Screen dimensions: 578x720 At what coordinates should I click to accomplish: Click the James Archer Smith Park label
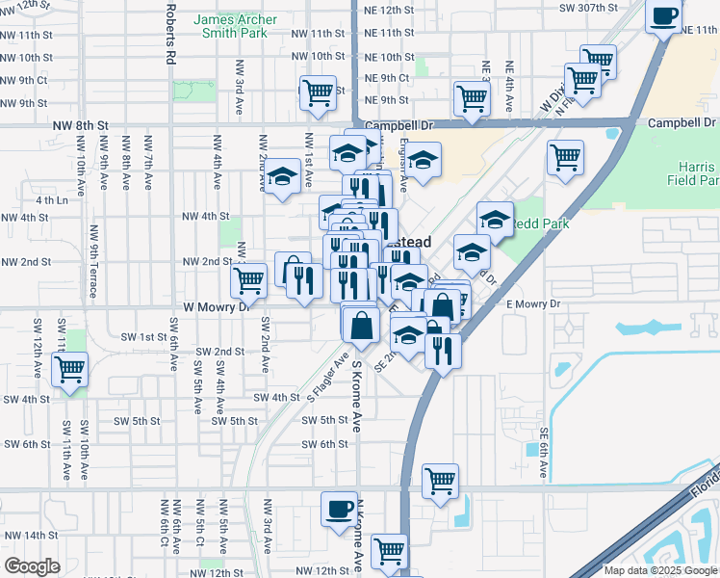(x=236, y=26)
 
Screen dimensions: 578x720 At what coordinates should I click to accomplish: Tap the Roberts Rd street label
(x=169, y=31)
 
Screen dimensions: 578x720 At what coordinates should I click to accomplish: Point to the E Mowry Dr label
(x=532, y=304)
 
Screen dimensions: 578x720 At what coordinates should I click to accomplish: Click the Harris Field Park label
(x=698, y=172)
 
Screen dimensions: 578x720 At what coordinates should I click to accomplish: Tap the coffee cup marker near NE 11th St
(x=665, y=15)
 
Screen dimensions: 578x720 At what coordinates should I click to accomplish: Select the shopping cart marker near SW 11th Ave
(x=70, y=368)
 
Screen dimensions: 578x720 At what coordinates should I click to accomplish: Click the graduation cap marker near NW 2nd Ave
(x=282, y=176)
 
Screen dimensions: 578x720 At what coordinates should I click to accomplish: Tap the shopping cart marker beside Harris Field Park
(x=565, y=156)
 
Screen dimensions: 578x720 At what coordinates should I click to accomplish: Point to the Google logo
(x=32, y=566)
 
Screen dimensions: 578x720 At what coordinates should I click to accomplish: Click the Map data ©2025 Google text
(x=660, y=570)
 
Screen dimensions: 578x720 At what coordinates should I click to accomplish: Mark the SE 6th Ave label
(x=544, y=453)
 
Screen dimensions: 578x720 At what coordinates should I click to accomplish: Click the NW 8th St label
(x=82, y=125)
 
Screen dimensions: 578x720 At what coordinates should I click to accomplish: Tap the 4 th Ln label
(x=52, y=200)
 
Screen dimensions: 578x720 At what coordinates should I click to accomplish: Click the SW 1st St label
(x=144, y=336)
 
